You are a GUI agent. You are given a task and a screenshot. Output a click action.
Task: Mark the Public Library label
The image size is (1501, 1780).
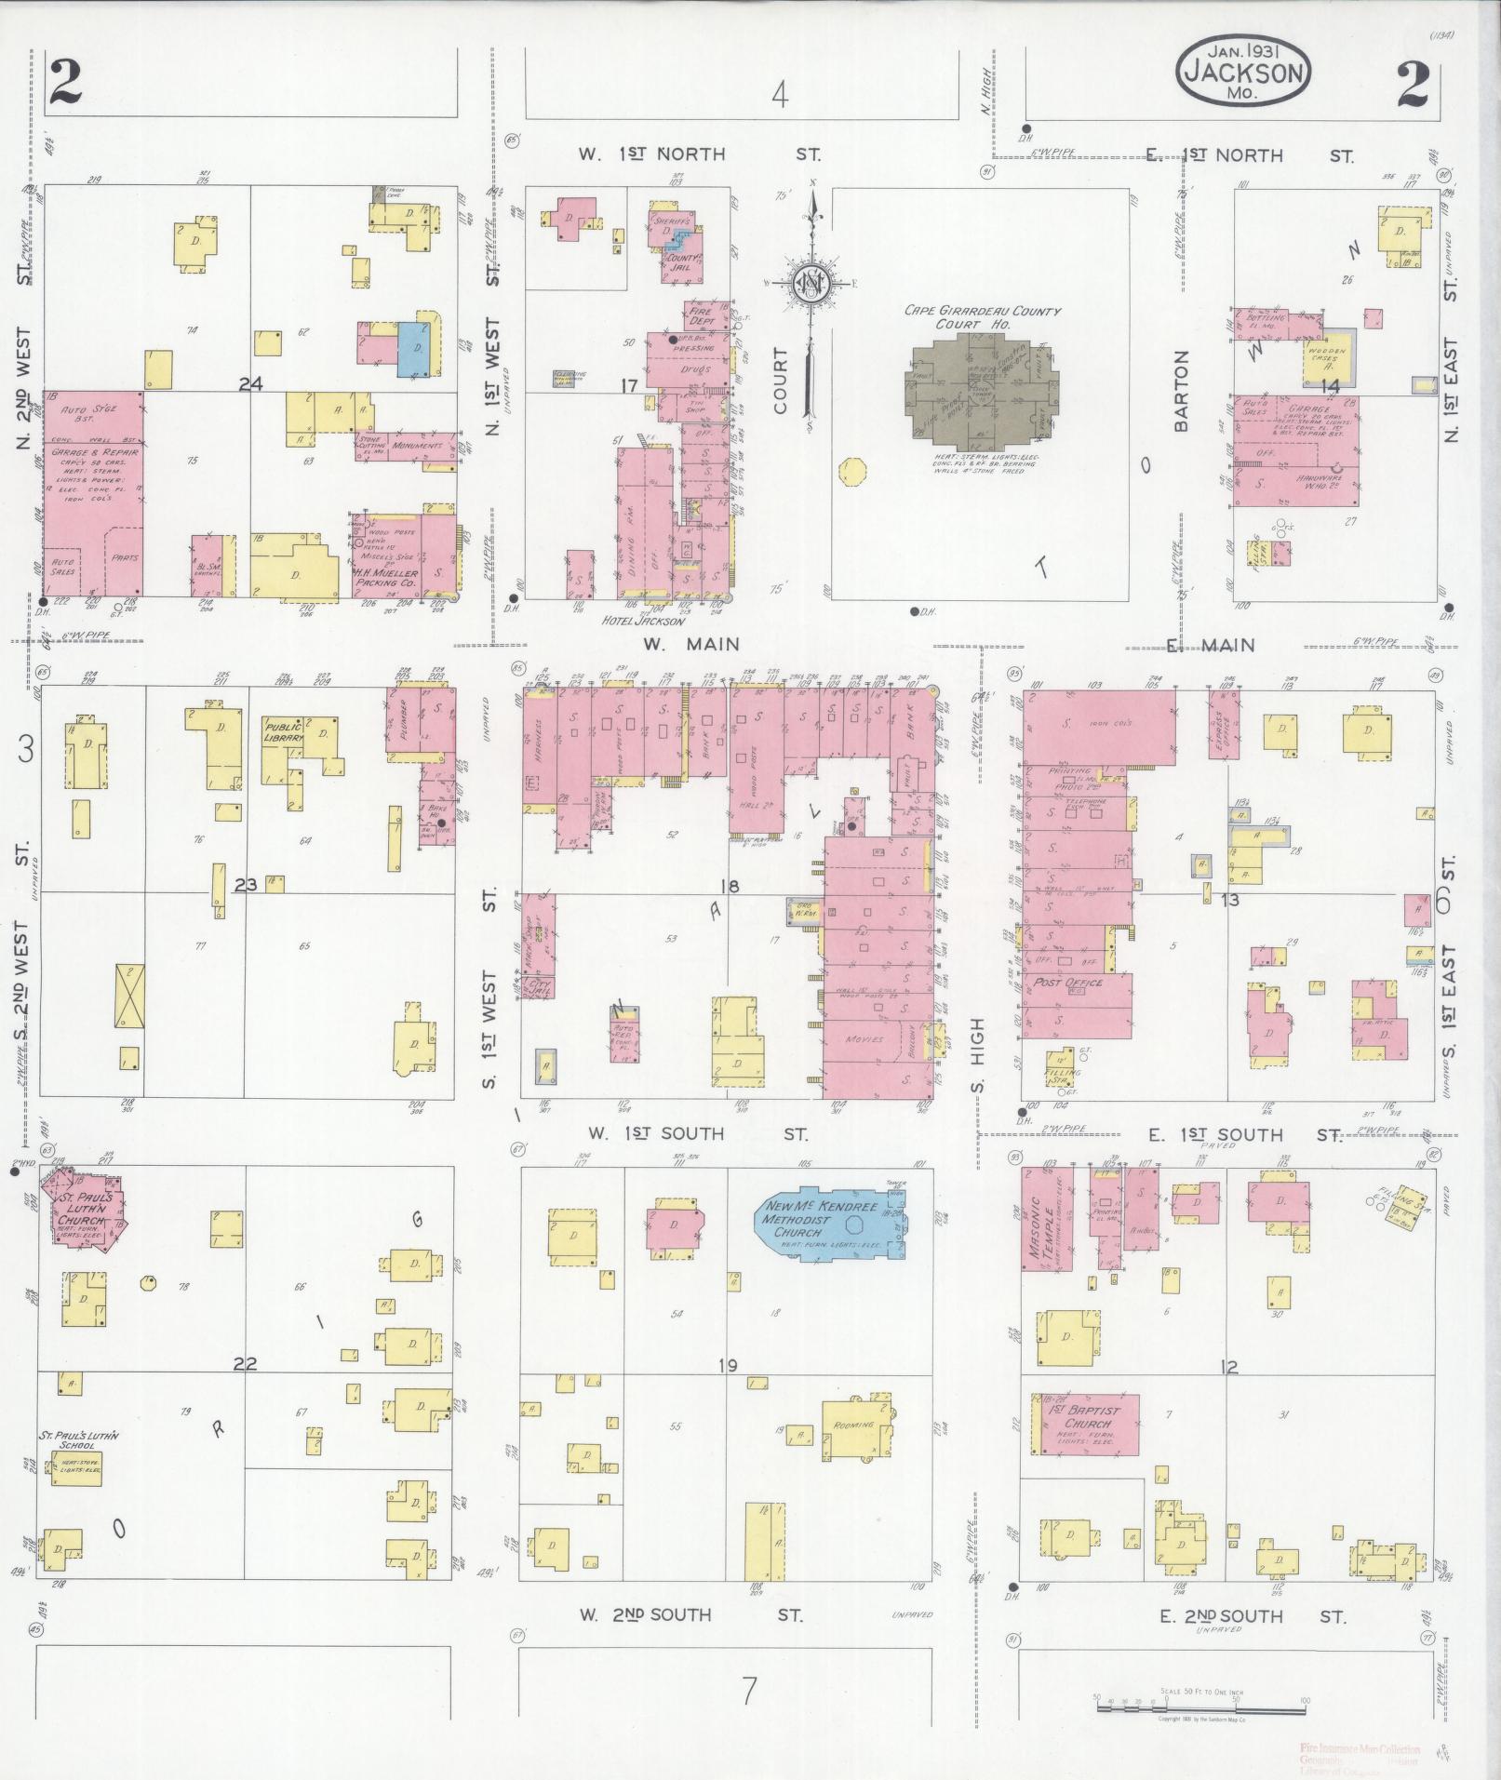coord(284,731)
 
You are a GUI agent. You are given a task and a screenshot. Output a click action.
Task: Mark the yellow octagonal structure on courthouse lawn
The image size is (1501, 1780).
coord(849,472)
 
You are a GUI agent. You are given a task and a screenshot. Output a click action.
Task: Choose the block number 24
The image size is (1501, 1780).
coord(249,383)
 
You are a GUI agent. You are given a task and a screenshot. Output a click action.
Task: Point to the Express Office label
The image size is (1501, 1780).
coord(1225,721)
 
